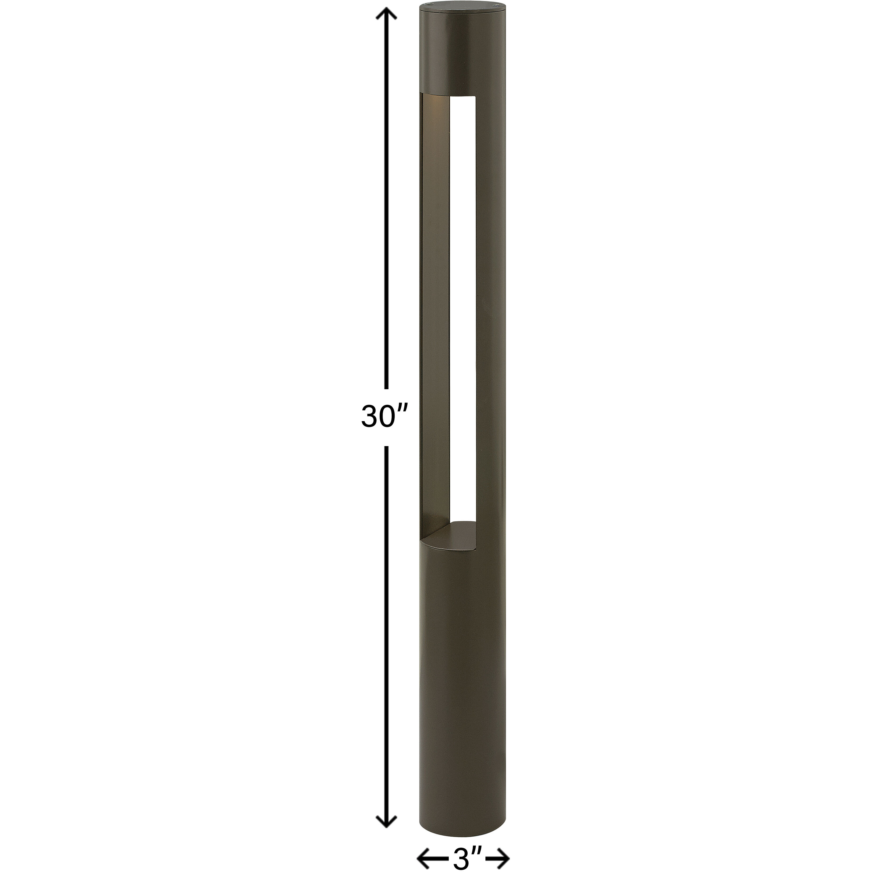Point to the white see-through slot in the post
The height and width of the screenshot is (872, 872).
point(463,294)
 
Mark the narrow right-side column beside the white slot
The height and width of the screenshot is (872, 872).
point(490,294)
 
